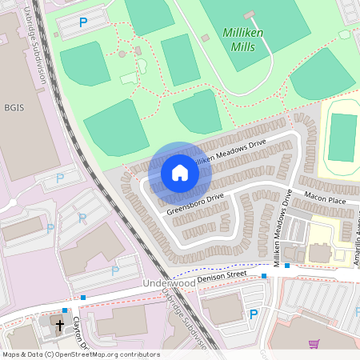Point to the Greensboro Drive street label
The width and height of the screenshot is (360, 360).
[x=195, y=203]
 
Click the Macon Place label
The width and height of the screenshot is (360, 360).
[x=325, y=198]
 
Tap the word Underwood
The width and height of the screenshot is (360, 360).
[x=169, y=283]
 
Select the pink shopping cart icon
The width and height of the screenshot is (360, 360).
[x=314, y=344]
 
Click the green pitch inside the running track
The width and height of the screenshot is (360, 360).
[x=342, y=137]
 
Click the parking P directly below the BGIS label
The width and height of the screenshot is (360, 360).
[x=60, y=178]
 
